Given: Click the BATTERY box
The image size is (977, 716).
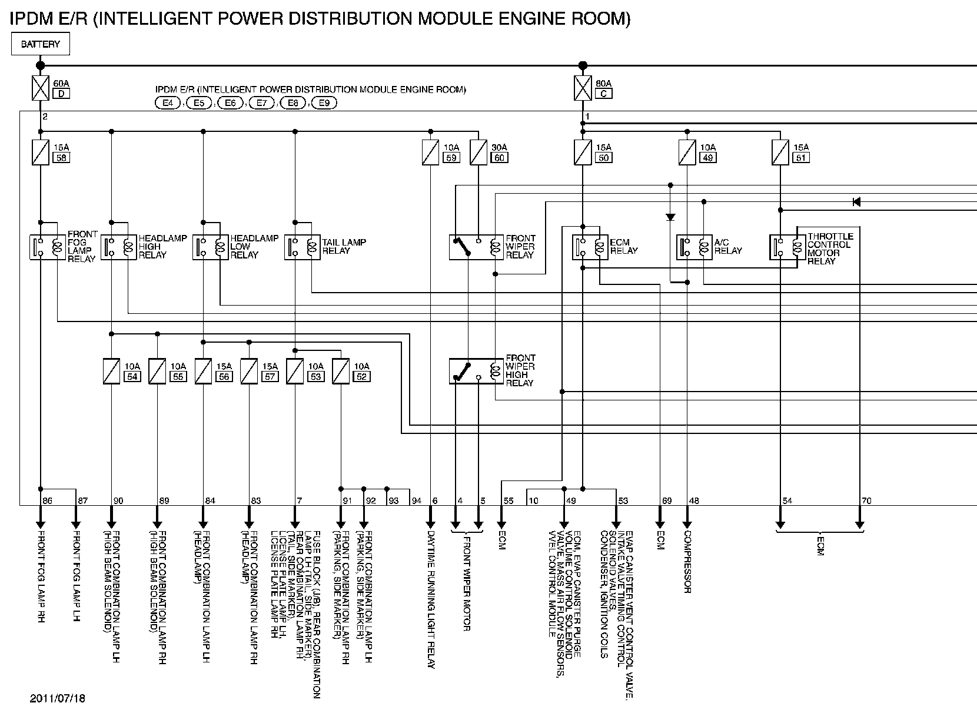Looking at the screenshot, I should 40,44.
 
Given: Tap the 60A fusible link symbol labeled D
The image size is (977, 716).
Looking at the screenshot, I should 40,88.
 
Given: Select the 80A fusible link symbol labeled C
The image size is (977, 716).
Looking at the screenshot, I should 583,88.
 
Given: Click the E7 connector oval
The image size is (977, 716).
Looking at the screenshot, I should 261,103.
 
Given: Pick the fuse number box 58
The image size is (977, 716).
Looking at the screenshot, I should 61,157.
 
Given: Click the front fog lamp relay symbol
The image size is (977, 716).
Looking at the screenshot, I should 48,247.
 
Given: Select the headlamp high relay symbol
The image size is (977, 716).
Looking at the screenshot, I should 119,247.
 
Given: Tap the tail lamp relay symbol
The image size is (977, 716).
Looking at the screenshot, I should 303,247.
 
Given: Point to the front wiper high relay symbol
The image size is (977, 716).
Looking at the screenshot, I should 476,371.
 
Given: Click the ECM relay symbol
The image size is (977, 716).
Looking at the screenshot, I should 590,247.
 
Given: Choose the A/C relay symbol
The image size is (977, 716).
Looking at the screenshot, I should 694,247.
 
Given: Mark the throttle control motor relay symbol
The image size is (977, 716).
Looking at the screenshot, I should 787,247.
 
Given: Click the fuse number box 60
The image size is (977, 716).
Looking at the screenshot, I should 499,157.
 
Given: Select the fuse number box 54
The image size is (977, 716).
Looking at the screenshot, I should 132,376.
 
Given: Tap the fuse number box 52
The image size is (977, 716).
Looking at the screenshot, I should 361,376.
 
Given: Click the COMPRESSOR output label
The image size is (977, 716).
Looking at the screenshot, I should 687,562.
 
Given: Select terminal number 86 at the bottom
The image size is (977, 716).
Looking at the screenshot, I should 47,501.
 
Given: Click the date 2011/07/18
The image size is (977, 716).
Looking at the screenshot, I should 58,699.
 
